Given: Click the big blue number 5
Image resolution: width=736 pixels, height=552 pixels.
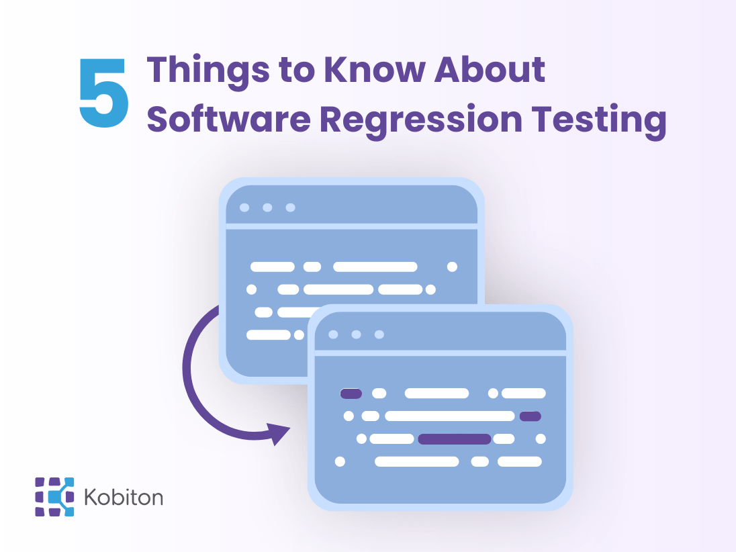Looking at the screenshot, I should [x=104, y=94].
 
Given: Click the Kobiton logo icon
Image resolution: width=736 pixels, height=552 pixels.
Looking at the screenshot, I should [x=54, y=497].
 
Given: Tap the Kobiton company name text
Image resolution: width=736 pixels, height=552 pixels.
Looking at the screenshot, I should [x=124, y=498].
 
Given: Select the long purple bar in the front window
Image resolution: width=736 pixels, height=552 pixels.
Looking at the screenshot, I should [x=455, y=439].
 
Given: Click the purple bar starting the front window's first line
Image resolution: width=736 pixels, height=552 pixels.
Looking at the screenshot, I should [x=351, y=394].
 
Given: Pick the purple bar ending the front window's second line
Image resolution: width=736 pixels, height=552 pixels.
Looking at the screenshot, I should [x=531, y=416].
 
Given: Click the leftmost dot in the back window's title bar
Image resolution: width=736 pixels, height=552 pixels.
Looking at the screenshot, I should [x=244, y=208].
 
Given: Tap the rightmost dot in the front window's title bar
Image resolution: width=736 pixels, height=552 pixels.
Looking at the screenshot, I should [x=379, y=334].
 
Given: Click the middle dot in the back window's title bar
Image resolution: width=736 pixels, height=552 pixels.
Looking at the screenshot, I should [x=267, y=208].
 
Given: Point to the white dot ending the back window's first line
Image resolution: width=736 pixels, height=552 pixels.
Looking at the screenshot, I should [x=452, y=267].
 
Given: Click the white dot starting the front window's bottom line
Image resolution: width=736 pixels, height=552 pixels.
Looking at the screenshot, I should [x=340, y=461].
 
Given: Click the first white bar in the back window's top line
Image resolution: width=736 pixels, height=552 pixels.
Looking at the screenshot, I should [x=273, y=267].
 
